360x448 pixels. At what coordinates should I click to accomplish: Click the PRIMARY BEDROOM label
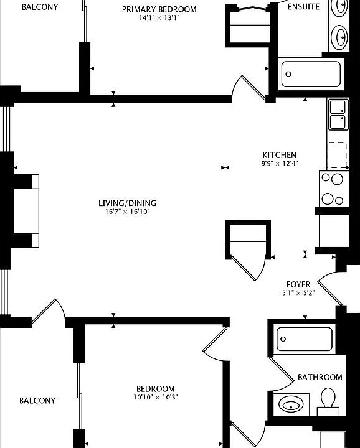[x=159, y=9]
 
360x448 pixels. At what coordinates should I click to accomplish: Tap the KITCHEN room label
[x=280, y=155]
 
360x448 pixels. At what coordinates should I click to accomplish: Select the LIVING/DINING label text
[x=127, y=203]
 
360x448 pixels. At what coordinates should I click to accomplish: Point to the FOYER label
[x=298, y=284]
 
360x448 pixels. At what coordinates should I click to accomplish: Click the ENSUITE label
[x=303, y=7]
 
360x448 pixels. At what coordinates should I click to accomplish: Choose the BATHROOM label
[x=320, y=377]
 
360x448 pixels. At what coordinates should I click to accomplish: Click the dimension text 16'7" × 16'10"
[x=128, y=212]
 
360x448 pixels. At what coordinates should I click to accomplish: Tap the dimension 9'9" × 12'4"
[x=280, y=164]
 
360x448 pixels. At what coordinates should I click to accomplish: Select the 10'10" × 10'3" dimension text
[x=156, y=397]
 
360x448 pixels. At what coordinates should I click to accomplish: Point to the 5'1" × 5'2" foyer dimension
[x=298, y=293]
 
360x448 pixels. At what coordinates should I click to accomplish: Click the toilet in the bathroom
[x=328, y=401]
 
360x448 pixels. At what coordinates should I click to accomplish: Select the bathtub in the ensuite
[x=311, y=74]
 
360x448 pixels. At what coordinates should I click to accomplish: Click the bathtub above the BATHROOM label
[x=304, y=339]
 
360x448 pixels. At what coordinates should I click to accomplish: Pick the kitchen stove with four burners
[x=334, y=189]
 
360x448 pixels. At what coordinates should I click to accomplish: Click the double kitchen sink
[x=338, y=114]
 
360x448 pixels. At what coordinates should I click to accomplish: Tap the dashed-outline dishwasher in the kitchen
[x=338, y=155]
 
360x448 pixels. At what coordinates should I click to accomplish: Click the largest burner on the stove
[x=338, y=179]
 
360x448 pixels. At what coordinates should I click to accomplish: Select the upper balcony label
[x=40, y=7]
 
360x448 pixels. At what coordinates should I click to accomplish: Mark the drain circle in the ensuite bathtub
[x=288, y=74]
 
